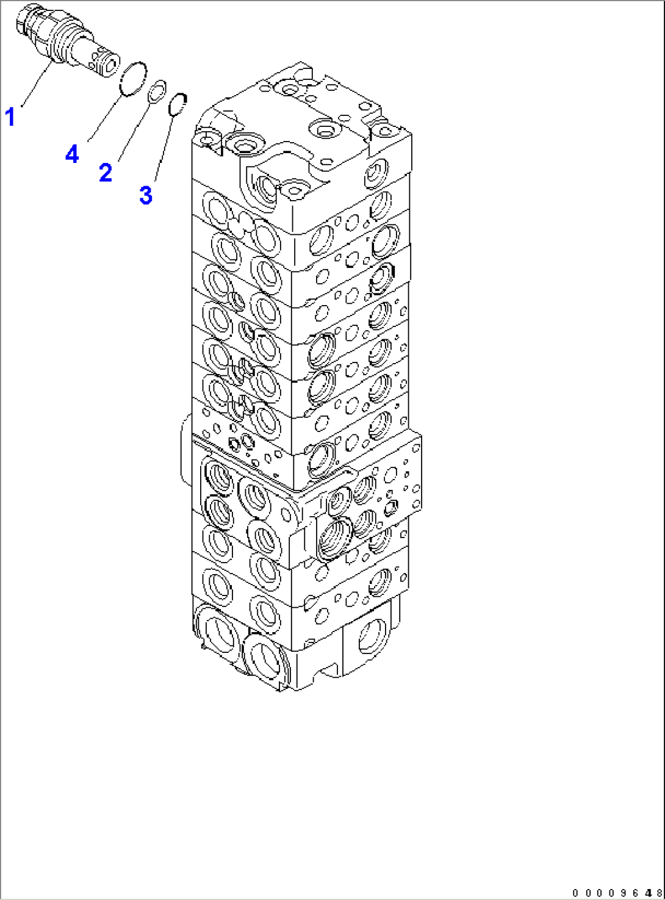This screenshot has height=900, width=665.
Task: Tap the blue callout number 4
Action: click(72, 154)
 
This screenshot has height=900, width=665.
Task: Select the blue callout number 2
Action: click(106, 173)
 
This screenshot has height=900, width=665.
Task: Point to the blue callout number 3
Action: click(145, 195)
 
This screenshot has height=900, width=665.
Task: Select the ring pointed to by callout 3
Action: click(177, 104)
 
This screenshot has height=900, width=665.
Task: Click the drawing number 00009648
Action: click(616, 893)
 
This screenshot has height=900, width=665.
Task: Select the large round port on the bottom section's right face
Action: click(372, 635)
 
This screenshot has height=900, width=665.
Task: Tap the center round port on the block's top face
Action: click(321, 129)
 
